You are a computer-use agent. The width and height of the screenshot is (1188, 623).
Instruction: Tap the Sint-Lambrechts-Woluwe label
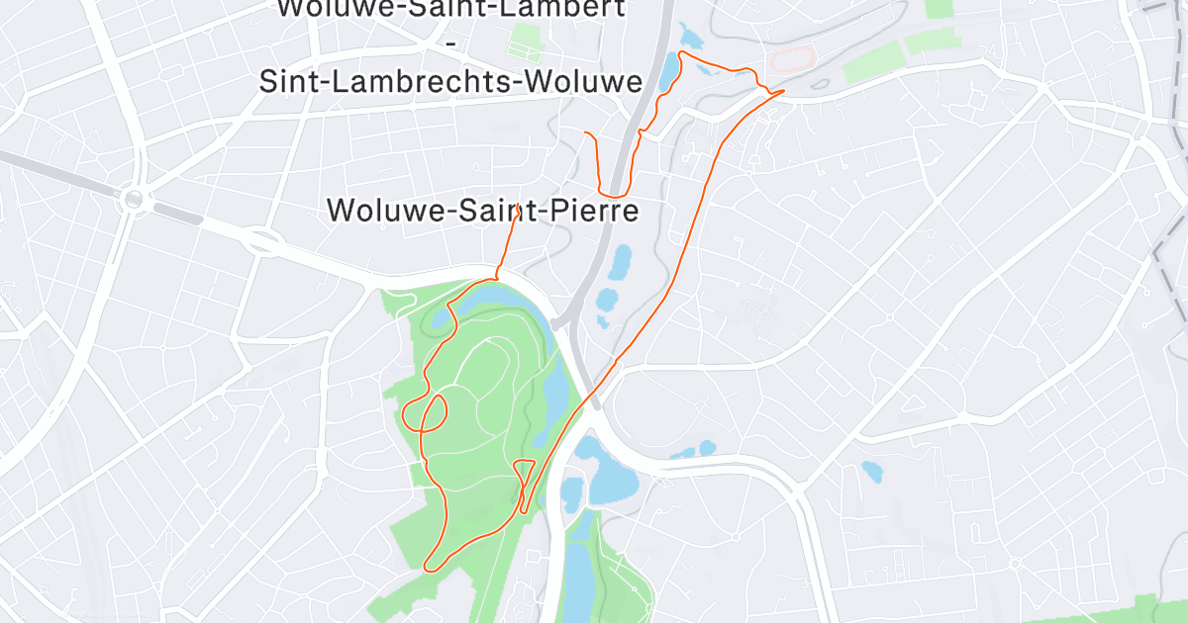451,81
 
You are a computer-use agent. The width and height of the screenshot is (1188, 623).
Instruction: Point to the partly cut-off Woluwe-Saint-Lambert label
451,10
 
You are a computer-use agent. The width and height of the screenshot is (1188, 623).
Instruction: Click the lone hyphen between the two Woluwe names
451,45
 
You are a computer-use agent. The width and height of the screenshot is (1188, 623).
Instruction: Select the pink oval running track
793,59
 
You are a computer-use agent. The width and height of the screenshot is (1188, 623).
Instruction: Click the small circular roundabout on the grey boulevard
133,200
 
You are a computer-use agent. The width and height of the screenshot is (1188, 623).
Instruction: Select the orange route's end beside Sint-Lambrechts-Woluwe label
587,133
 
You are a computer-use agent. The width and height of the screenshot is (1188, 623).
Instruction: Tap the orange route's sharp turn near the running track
782,92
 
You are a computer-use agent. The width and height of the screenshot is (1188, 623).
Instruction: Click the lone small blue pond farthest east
871,471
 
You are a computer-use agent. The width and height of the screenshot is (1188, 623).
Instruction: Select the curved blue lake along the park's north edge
520,302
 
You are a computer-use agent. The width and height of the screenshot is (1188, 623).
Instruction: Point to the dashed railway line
1168,247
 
